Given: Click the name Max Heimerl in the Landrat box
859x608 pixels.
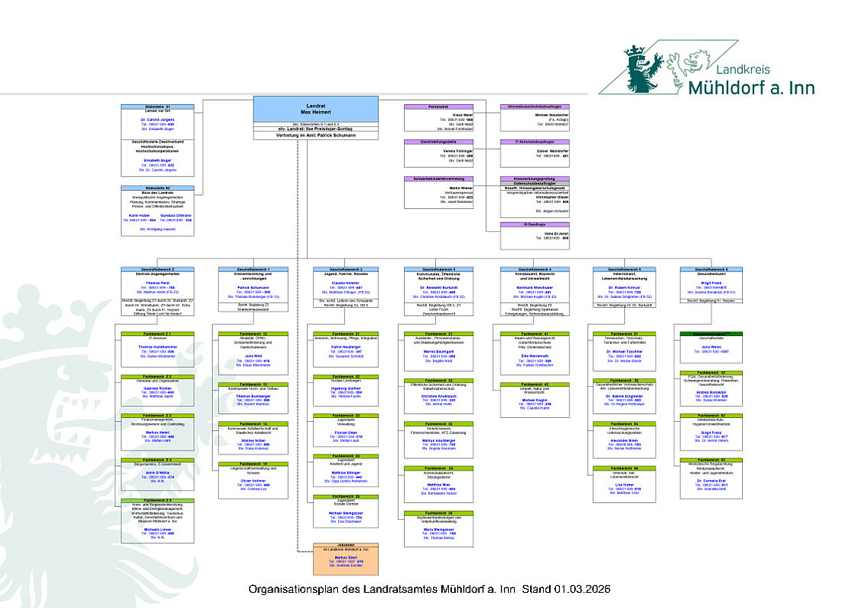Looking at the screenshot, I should (x=316, y=112).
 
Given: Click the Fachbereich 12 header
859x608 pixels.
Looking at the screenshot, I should (x=254, y=334).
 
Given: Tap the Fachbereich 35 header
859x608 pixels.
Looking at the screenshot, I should (x=346, y=496).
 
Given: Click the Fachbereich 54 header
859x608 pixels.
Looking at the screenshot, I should (x=625, y=468).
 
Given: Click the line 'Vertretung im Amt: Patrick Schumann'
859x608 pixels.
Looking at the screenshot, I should (x=316, y=135).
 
